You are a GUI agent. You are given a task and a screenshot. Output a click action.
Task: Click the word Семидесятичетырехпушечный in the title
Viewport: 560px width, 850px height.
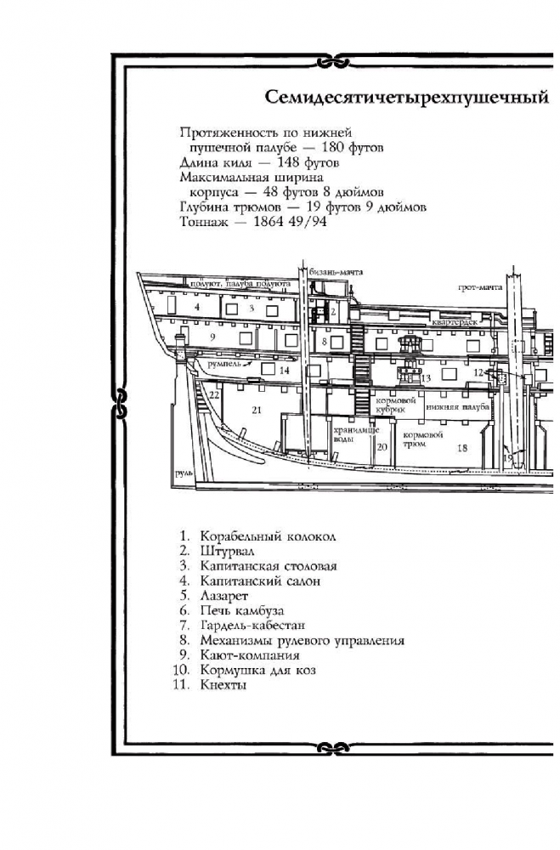[404, 97]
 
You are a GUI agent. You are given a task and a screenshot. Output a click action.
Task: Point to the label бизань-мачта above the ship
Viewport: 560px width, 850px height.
[337, 271]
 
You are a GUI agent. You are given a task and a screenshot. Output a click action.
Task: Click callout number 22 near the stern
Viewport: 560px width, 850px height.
[215, 394]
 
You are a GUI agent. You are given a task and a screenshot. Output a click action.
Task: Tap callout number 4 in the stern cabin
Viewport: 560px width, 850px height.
[196, 306]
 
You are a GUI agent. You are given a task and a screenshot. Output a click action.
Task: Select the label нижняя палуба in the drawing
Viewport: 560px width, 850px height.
[458, 407]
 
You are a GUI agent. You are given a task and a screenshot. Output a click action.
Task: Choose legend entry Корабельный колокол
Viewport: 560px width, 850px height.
[269, 536]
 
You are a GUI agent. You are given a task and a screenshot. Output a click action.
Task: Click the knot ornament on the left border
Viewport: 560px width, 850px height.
[119, 399]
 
